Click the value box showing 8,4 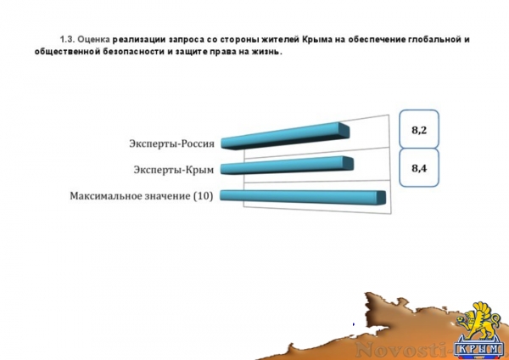(x=417, y=167)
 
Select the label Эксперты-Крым (x=172, y=169)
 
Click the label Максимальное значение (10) (x=141, y=196)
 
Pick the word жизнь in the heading (x=264, y=52)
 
